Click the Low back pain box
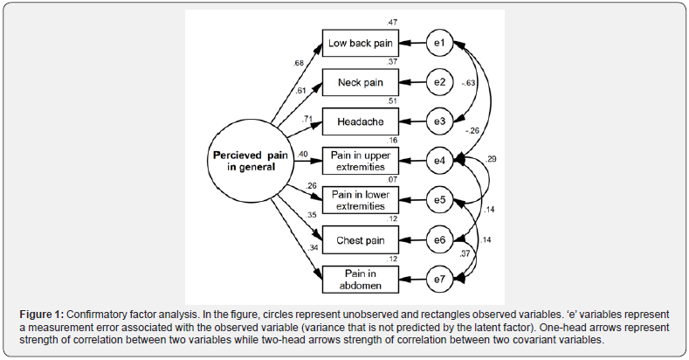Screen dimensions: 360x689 click(362, 43)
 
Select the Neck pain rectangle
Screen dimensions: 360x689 click(362, 83)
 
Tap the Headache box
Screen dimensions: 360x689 click(362, 122)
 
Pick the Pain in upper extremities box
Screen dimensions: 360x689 click(362, 161)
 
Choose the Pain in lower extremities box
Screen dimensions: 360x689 click(362, 199)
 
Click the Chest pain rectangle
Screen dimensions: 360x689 click(362, 239)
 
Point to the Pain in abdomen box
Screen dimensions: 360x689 click(362, 278)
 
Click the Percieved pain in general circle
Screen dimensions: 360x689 click(251, 162)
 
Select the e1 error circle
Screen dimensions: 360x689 click(440, 43)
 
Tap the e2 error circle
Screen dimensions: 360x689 click(440, 83)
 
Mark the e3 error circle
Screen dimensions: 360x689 click(440, 122)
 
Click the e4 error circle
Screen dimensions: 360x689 click(440, 162)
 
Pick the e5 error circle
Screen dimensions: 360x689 click(440, 200)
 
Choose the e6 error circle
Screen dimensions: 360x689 click(440, 239)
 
